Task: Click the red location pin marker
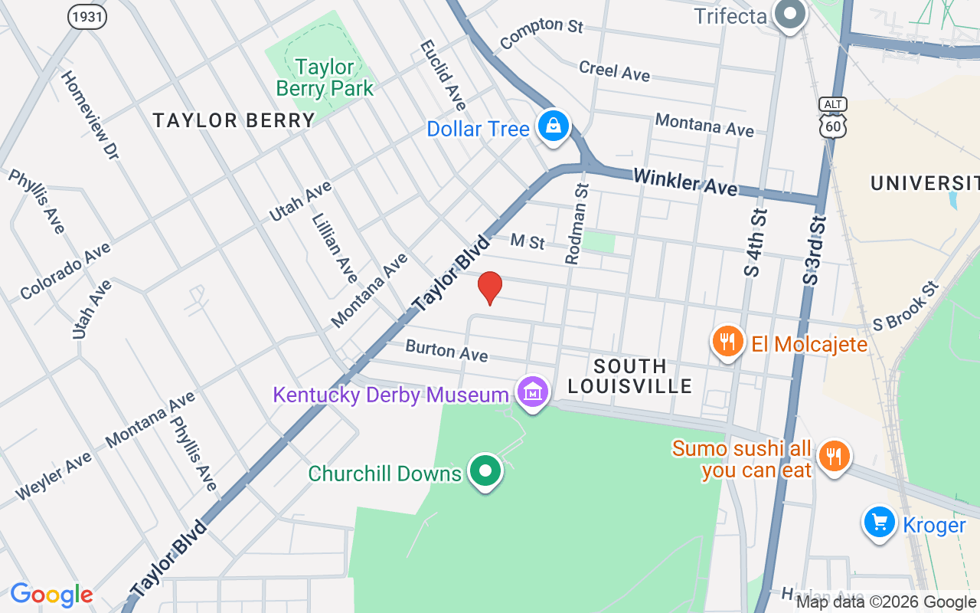tap(489, 287)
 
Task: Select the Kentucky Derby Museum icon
tap(533, 392)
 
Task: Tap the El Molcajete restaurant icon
tap(727, 342)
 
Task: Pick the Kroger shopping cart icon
tap(879, 523)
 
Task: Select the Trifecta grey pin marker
tap(788, 14)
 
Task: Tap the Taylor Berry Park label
tap(325, 77)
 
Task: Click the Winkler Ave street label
tap(685, 182)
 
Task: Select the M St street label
tap(528, 241)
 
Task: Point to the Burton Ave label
tap(446, 350)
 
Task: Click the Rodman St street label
tap(577, 224)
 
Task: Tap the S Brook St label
tap(906, 306)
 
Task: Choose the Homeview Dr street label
tap(90, 115)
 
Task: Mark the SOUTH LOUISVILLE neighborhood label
tap(630, 375)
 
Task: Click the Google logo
tap(51, 595)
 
